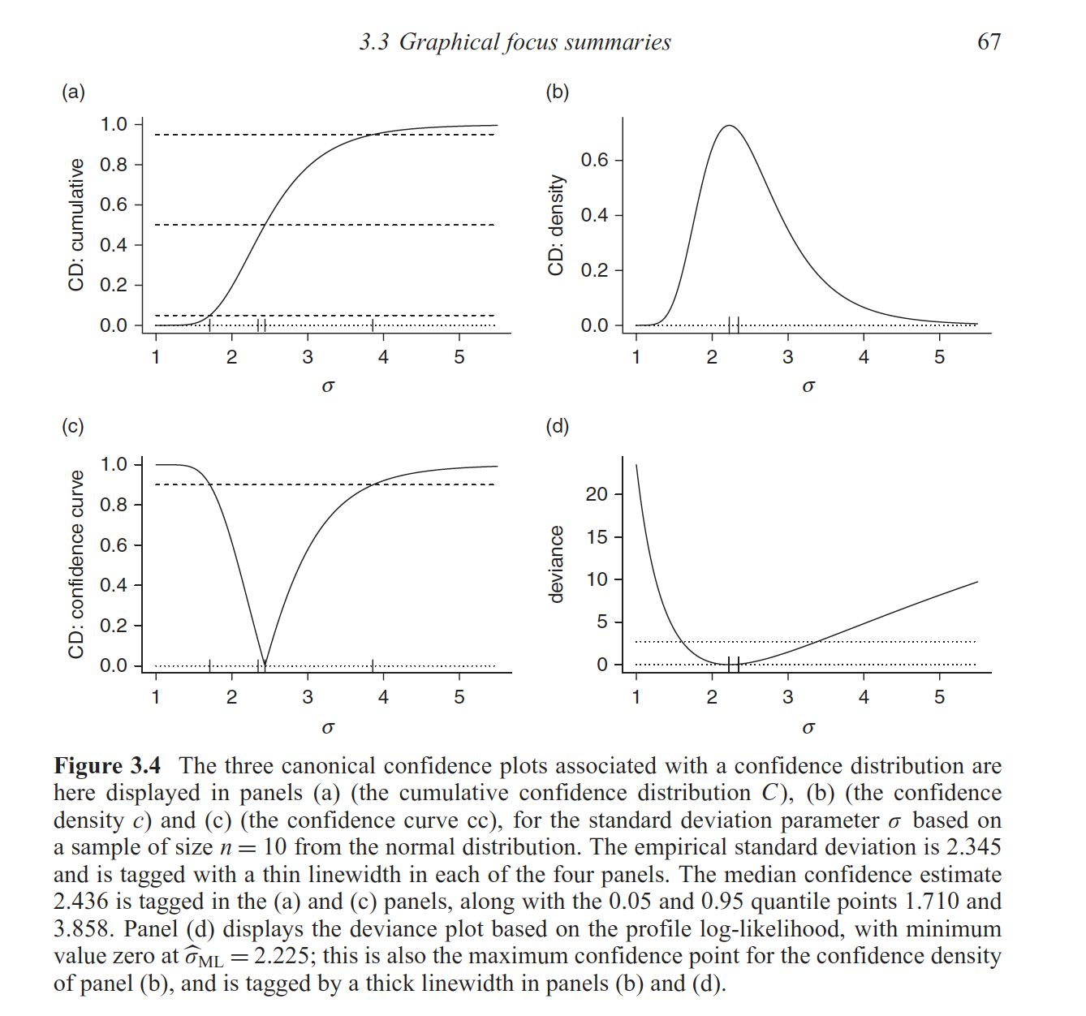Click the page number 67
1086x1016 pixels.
pos(989,41)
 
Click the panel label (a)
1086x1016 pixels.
pos(73,92)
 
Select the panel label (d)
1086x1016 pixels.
pos(557,426)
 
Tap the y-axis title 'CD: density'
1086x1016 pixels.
pos(556,225)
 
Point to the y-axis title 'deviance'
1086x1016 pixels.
pos(556,564)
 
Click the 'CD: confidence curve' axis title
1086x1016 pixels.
pos(76,564)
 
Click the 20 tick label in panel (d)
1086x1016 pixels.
pos(597,494)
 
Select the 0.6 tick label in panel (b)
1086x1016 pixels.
pos(594,160)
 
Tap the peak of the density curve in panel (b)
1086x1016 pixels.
pos(729,126)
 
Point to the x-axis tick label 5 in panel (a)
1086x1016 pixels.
pos(459,357)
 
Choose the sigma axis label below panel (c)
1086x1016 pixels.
pos(328,727)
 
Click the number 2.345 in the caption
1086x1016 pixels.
pos(973,847)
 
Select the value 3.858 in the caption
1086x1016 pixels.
pos(82,929)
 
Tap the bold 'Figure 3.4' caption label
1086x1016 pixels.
pos(107,766)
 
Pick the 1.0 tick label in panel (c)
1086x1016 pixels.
pos(114,464)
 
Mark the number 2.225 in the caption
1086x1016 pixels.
pos(281,957)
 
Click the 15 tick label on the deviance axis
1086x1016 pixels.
pos(597,536)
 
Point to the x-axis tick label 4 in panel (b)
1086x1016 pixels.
pos(864,357)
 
